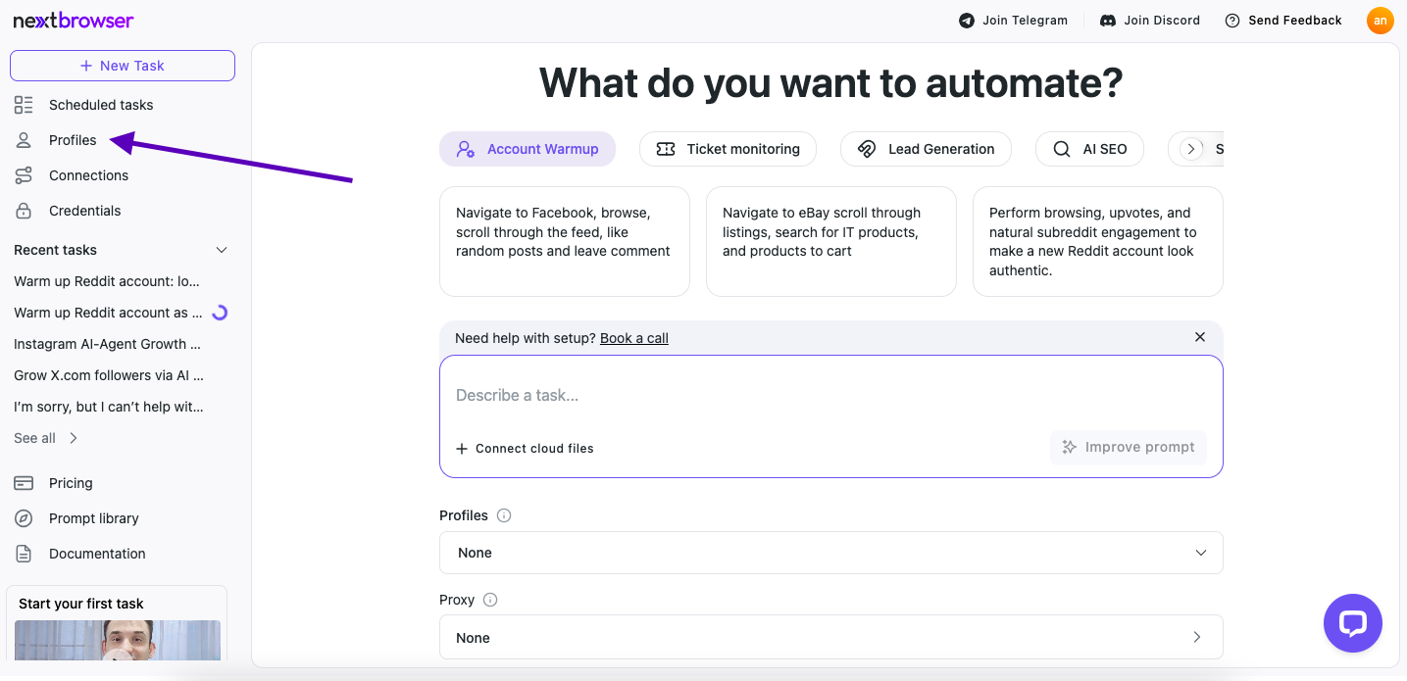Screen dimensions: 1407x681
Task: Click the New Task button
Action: tap(123, 66)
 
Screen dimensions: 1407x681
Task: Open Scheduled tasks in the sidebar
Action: tap(100, 105)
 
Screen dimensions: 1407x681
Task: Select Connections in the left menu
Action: tap(88, 175)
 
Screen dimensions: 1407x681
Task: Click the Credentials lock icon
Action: tap(24, 211)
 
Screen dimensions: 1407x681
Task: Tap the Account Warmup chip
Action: tap(527, 149)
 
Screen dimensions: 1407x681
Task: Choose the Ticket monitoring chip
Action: tap(728, 149)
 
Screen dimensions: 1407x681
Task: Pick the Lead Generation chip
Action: tap(926, 149)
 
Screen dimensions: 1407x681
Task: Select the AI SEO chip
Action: tap(1089, 149)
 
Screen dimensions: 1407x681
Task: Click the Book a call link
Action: tap(633, 338)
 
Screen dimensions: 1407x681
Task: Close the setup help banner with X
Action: tap(1200, 337)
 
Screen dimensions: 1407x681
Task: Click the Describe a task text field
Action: tap(831, 395)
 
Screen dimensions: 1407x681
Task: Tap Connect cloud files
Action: tap(525, 448)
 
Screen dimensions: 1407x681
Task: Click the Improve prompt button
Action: tap(1129, 447)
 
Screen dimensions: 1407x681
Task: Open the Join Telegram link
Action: tap(1013, 21)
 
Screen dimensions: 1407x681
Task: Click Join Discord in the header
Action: tap(1149, 21)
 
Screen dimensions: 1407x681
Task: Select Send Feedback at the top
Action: tap(1283, 21)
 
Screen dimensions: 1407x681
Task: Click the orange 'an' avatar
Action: tap(1380, 21)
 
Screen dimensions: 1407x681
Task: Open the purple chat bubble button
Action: tap(1352, 623)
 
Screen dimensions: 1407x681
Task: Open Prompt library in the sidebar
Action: tap(93, 518)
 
